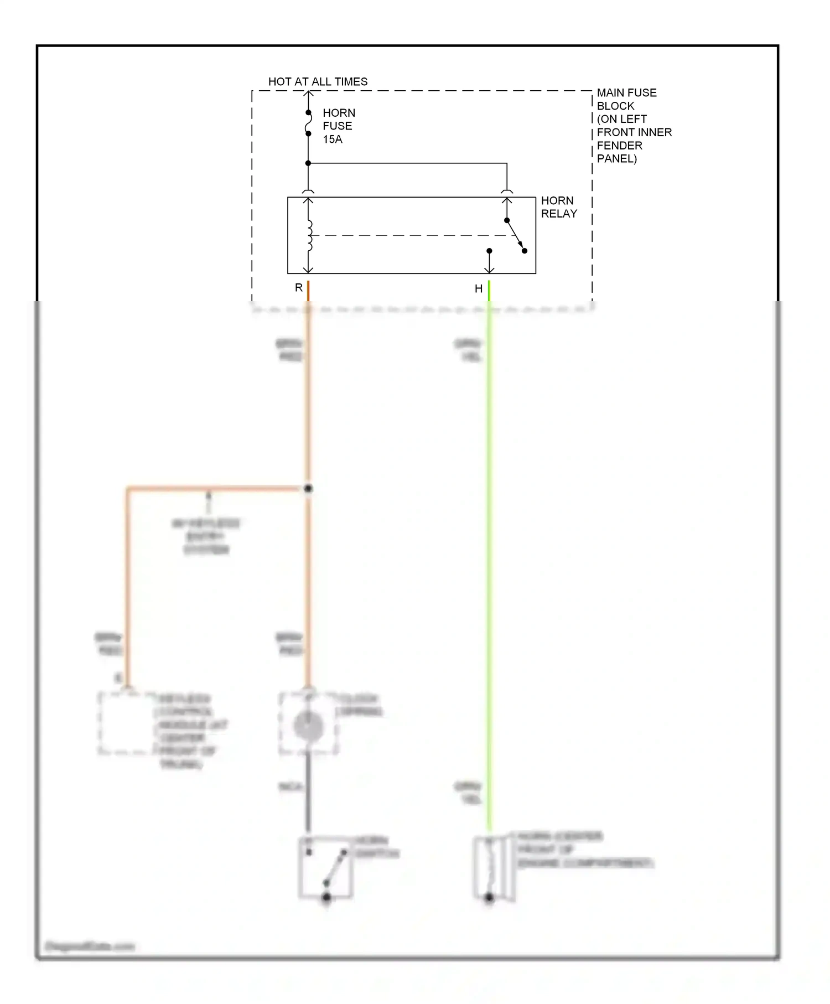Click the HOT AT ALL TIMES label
[x=318, y=82]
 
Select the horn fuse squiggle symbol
[x=308, y=123]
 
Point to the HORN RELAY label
[x=558, y=207]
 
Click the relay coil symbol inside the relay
[x=309, y=235]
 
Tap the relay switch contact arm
[x=515, y=235]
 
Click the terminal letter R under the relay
[x=299, y=288]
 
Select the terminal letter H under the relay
[x=478, y=288]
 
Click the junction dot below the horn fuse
[x=308, y=163]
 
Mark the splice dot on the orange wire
[x=308, y=489]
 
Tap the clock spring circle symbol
[x=308, y=725]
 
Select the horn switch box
[x=325, y=867]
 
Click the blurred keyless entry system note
[x=206, y=536]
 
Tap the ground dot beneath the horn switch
[x=326, y=897]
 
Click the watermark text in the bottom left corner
[x=90, y=946]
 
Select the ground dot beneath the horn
[x=489, y=898]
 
